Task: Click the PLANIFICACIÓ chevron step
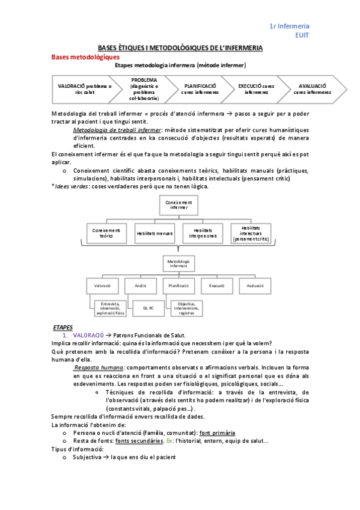coord(200,89)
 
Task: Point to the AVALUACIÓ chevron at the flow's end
coord(311,89)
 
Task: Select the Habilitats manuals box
coord(154,233)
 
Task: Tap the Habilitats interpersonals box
coord(203,233)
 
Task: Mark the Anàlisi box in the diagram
coord(140,285)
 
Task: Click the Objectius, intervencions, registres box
coord(191,308)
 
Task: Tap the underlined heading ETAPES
coord(63,327)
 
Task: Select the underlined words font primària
coord(217,432)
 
